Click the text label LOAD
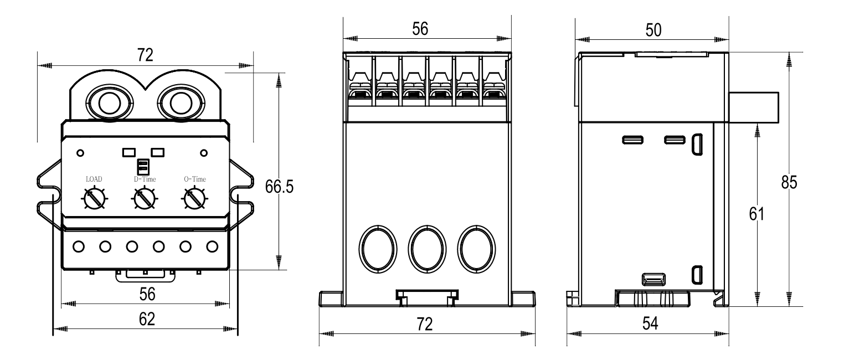point(94,179)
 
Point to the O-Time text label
point(195,179)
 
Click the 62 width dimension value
point(146,319)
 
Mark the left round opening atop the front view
point(107,103)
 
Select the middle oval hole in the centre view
point(427,249)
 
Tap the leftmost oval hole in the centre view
point(378,249)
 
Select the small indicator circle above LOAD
point(81,152)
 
